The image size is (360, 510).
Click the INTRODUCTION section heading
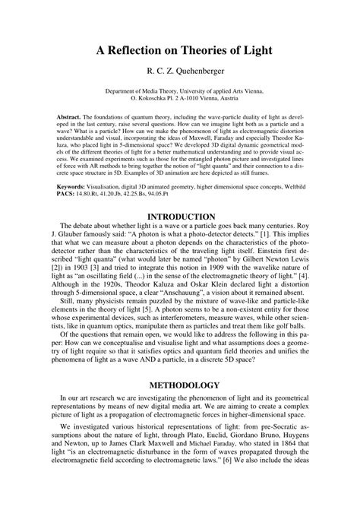[180, 217]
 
